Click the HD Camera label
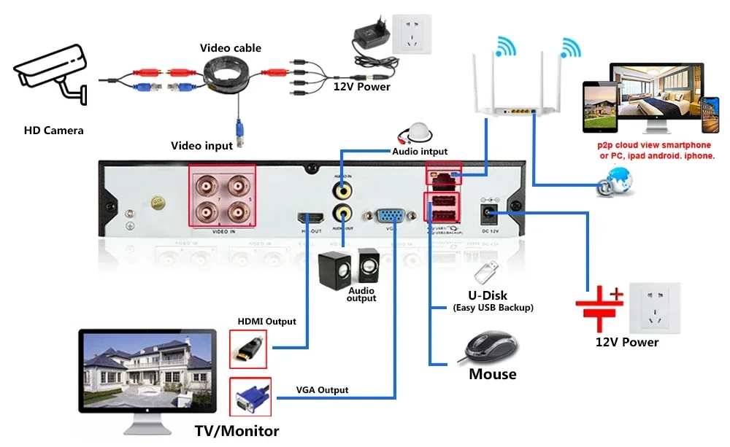[53, 131]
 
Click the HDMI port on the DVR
[310, 217]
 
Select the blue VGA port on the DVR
[392, 216]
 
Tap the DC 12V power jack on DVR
[487, 213]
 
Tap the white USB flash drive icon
[487, 272]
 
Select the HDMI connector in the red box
[248, 349]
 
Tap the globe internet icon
[613, 181]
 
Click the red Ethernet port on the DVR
[442, 176]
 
